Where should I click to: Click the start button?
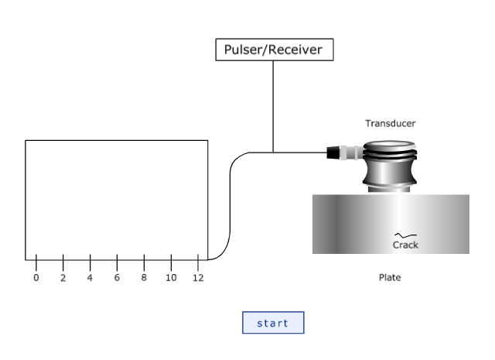pyautogui.click(x=273, y=323)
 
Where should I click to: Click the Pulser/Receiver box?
pyautogui.click(x=274, y=50)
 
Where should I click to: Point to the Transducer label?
pyautogui.click(x=390, y=123)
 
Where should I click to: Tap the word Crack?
pyautogui.click(x=405, y=245)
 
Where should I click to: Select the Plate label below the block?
pyautogui.click(x=390, y=277)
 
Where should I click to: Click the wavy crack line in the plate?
pyautogui.click(x=405, y=235)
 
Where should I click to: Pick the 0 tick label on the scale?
pyautogui.click(x=36, y=278)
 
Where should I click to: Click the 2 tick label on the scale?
pyautogui.click(x=63, y=278)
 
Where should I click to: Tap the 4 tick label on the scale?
pyautogui.click(x=90, y=278)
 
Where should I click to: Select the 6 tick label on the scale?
pyautogui.click(x=117, y=278)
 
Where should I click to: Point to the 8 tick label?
pyautogui.click(x=144, y=278)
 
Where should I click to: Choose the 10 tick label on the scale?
pyautogui.click(x=171, y=278)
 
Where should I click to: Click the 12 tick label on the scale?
pyautogui.click(x=198, y=278)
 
